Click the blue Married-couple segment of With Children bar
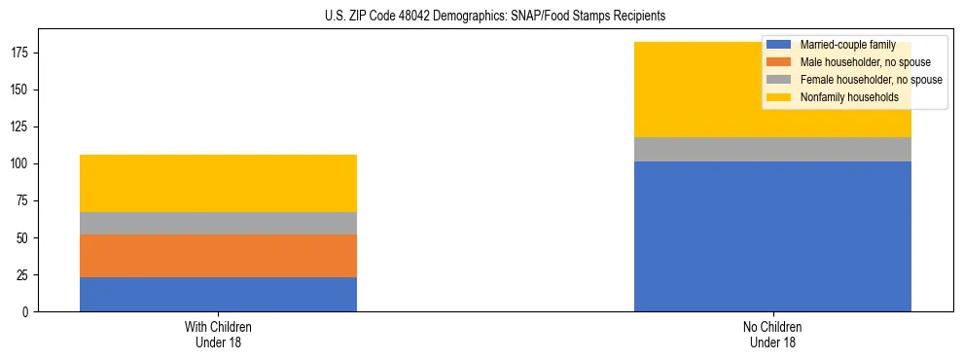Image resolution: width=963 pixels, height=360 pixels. click(x=218, y=294)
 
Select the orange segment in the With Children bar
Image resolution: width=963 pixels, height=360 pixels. click(x=218, y=256)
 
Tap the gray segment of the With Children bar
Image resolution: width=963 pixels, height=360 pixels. click(x=218, y=224)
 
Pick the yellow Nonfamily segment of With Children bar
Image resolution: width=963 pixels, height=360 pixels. click(x=218, y=183)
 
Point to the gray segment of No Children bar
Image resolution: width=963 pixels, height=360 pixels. click(x=772, y=149)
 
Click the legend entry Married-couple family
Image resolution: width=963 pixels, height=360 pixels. click(x=846, y=45)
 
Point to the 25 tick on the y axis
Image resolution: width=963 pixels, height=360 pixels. click(x=23, y=275)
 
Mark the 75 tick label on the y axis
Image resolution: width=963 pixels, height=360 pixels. click(x=23, y=201)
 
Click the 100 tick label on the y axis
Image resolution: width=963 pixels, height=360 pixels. click(x=20, y=164)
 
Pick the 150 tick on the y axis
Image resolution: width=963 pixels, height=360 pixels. click(x=20, y=90)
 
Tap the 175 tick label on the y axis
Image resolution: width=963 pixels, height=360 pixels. click(x=20, y=54)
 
